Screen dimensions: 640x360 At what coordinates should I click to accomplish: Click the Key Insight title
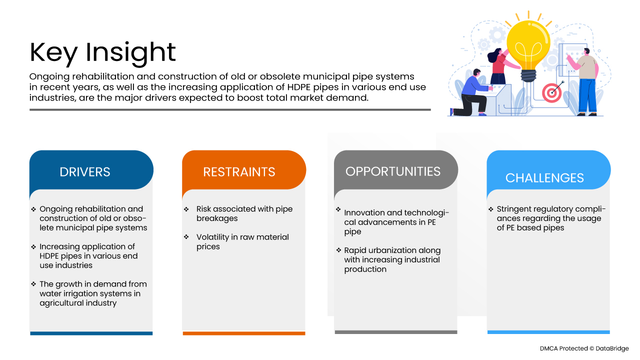coord(102,52)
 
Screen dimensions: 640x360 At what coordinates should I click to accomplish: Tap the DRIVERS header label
coord(85,172)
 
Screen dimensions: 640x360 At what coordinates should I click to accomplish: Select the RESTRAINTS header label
coord(239,172)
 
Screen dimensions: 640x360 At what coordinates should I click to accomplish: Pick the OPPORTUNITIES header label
coord(393,171)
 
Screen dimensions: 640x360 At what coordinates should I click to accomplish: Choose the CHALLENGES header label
coord(544,178)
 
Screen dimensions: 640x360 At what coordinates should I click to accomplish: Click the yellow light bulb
coord(528,50)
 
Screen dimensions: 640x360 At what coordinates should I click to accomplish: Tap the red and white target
coord(551,93)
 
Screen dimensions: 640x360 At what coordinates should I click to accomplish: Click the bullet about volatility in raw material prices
coord(242,241)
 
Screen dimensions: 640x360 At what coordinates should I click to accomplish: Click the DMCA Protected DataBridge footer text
coord(584,348)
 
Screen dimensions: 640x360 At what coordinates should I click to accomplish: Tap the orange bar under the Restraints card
coord(244,333)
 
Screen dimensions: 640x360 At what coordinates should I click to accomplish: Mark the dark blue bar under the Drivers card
coord(91,333)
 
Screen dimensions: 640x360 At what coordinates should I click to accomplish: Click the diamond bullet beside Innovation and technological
coord(338,209)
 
